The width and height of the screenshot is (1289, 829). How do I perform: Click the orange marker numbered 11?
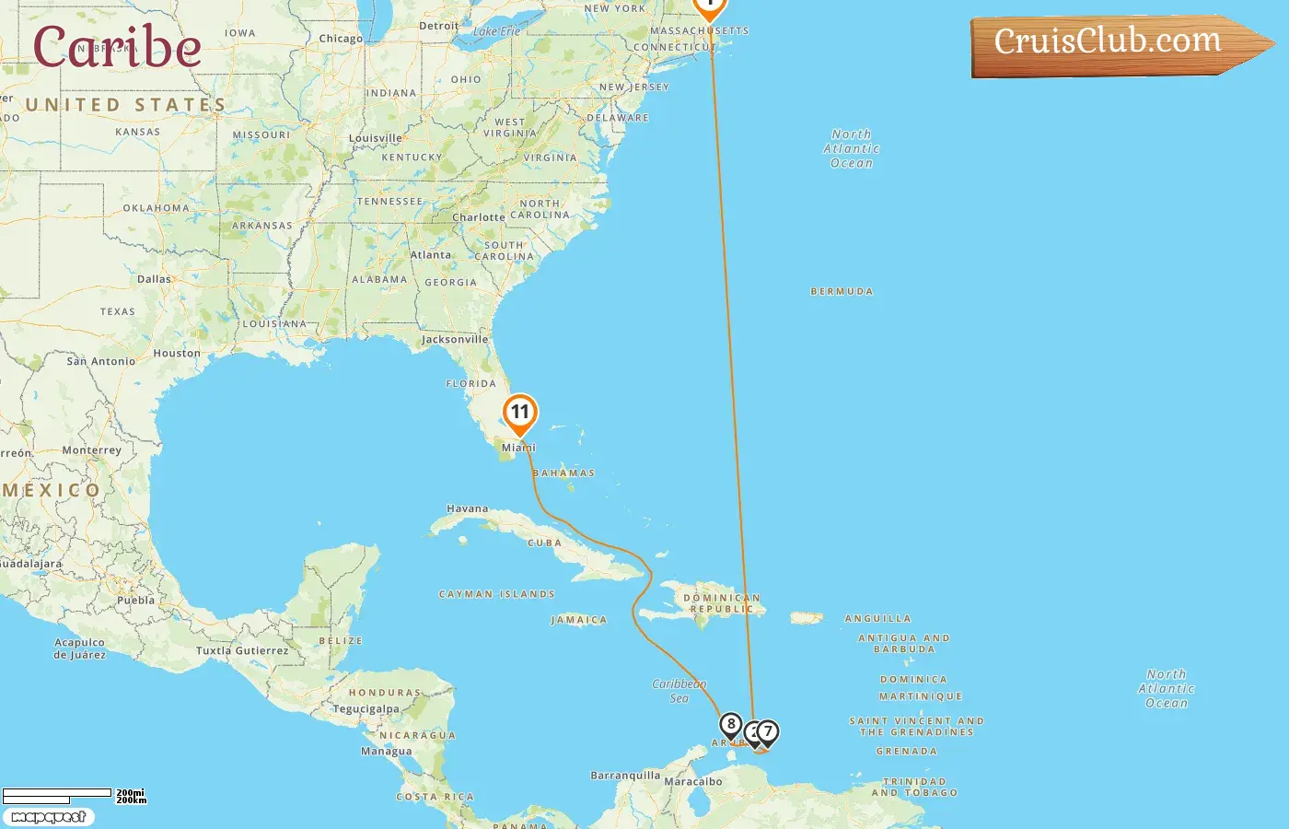coord(520,413)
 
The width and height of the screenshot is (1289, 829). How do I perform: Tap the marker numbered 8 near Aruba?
coord(731,725)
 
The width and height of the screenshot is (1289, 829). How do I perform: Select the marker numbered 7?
coord(767,731)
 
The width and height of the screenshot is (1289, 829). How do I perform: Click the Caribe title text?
coord(117,47)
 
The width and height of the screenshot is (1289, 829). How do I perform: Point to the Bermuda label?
coord(842,291)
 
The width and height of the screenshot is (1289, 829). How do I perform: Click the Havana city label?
coord(468,508)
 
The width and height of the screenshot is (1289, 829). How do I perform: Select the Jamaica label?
coord(579,620)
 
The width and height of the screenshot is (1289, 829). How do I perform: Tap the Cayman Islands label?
coord(497,594)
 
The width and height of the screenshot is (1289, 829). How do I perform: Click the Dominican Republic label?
coord(723,603)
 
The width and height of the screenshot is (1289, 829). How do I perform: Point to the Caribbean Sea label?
coord(679,691)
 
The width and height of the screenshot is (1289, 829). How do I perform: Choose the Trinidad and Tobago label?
coord(914,787)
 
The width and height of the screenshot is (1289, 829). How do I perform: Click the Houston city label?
coord(177,353)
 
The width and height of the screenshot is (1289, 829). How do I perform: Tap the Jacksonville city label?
coord(455,339)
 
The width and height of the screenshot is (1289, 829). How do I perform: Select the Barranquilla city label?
coord(625,776)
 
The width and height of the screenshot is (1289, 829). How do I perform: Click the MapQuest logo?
coord(49,817)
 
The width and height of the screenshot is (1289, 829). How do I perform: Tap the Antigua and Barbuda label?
coord(904,643)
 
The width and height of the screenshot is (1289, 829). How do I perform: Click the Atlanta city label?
coord(431,255)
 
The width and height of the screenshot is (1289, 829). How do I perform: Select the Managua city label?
coord(386,752)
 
